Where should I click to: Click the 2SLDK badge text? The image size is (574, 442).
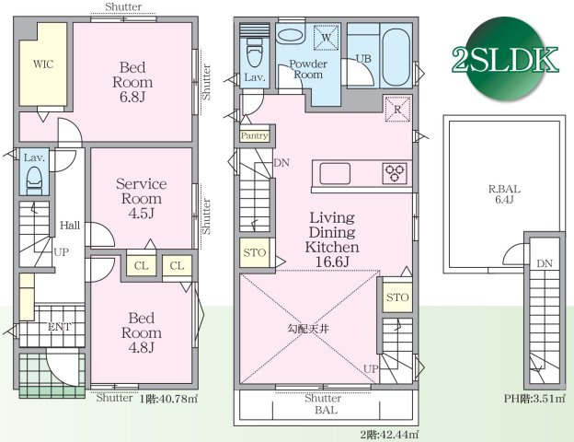506,59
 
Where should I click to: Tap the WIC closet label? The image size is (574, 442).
43,64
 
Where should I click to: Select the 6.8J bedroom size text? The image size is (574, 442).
132,97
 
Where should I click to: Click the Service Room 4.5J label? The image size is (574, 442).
142,198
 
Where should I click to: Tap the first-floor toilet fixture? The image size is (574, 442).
34,180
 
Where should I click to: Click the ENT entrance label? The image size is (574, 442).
59,327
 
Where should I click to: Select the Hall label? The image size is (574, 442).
70,225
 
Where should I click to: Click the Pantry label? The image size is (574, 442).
255,136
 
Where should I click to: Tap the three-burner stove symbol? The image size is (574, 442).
395,173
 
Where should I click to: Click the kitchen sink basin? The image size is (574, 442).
335,173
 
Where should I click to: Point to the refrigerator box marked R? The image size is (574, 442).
397,109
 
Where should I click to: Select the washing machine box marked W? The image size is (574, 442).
326,37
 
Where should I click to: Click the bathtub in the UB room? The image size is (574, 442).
396,57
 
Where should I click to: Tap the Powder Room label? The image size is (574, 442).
308,69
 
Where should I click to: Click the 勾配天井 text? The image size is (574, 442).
307,329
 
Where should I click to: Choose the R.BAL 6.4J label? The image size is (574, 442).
504,194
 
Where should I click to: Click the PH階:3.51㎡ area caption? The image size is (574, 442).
534,399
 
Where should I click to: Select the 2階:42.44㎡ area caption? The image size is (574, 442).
389,435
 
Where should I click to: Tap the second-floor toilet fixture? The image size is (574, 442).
254,54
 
